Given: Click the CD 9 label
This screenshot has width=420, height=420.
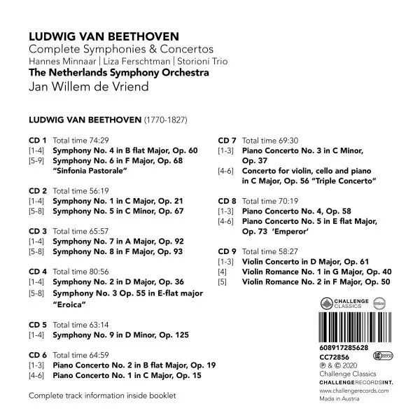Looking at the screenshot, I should tap(228, 251).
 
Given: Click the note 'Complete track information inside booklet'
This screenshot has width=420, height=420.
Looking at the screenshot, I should tap(101, 397).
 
